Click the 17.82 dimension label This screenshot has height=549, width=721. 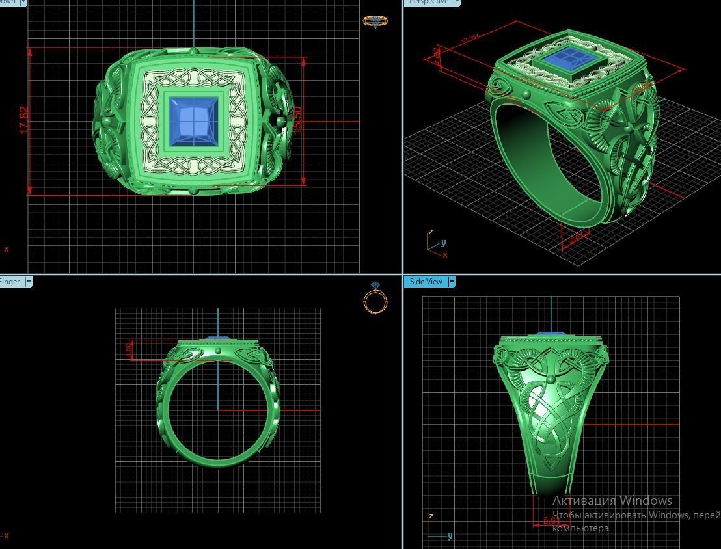click(25, 121)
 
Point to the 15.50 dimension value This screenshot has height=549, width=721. click(298, 120)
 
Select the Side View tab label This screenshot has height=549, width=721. click(426, 282)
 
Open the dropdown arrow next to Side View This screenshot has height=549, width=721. click(452, 282)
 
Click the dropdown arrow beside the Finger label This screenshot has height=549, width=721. click(28, 282)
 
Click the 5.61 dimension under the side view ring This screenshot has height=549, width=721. click(551, 521)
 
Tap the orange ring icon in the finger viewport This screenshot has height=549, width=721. click(375, 299)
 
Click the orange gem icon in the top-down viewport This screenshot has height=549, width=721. click(375, 21)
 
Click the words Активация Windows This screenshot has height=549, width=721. click(612, 500)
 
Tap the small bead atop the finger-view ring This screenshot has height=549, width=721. click(218, 351)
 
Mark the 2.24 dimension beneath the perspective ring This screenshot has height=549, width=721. click(576, 237)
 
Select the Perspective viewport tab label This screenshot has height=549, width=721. click(429, 2)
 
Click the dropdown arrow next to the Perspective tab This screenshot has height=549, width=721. click(457, 2)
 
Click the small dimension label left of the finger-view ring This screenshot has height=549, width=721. click(129, 350)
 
